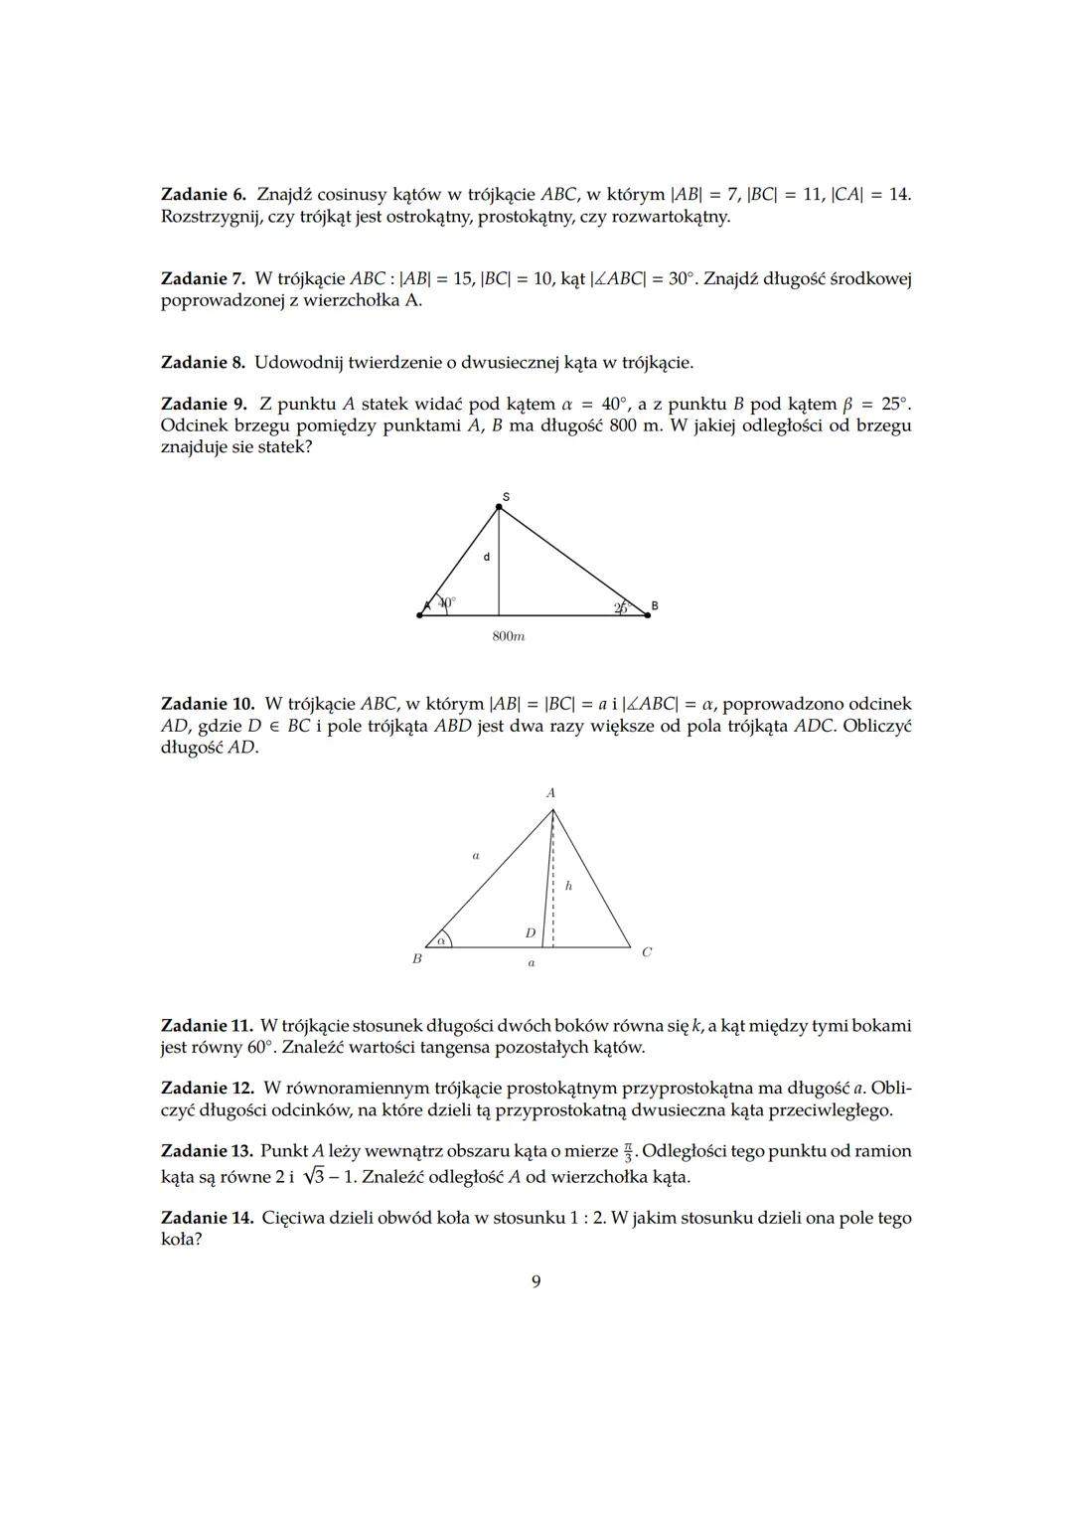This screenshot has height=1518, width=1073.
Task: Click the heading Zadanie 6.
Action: point(203,194)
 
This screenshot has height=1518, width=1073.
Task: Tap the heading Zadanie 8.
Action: point(203,363)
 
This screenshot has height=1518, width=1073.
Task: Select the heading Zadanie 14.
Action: point(207,1218)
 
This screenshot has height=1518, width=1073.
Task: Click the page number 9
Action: point(536,1281)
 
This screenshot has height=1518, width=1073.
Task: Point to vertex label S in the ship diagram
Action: point(505,496)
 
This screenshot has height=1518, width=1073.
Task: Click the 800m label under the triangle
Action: point(509,636)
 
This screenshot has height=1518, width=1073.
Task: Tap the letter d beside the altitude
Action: point(486,558)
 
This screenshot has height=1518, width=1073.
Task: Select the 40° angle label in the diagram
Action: point(446,602)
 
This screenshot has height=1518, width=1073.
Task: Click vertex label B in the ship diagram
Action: point(655,605)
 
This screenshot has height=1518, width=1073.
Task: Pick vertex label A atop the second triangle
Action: point(550,793)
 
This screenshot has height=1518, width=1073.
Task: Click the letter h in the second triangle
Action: point(568,885)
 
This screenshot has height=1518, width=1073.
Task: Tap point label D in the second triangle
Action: point(531,932)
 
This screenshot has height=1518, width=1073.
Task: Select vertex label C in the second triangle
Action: point(647,952)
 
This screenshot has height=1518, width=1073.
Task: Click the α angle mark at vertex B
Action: point(439,939)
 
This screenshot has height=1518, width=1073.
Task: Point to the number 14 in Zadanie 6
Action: point(898,194)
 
